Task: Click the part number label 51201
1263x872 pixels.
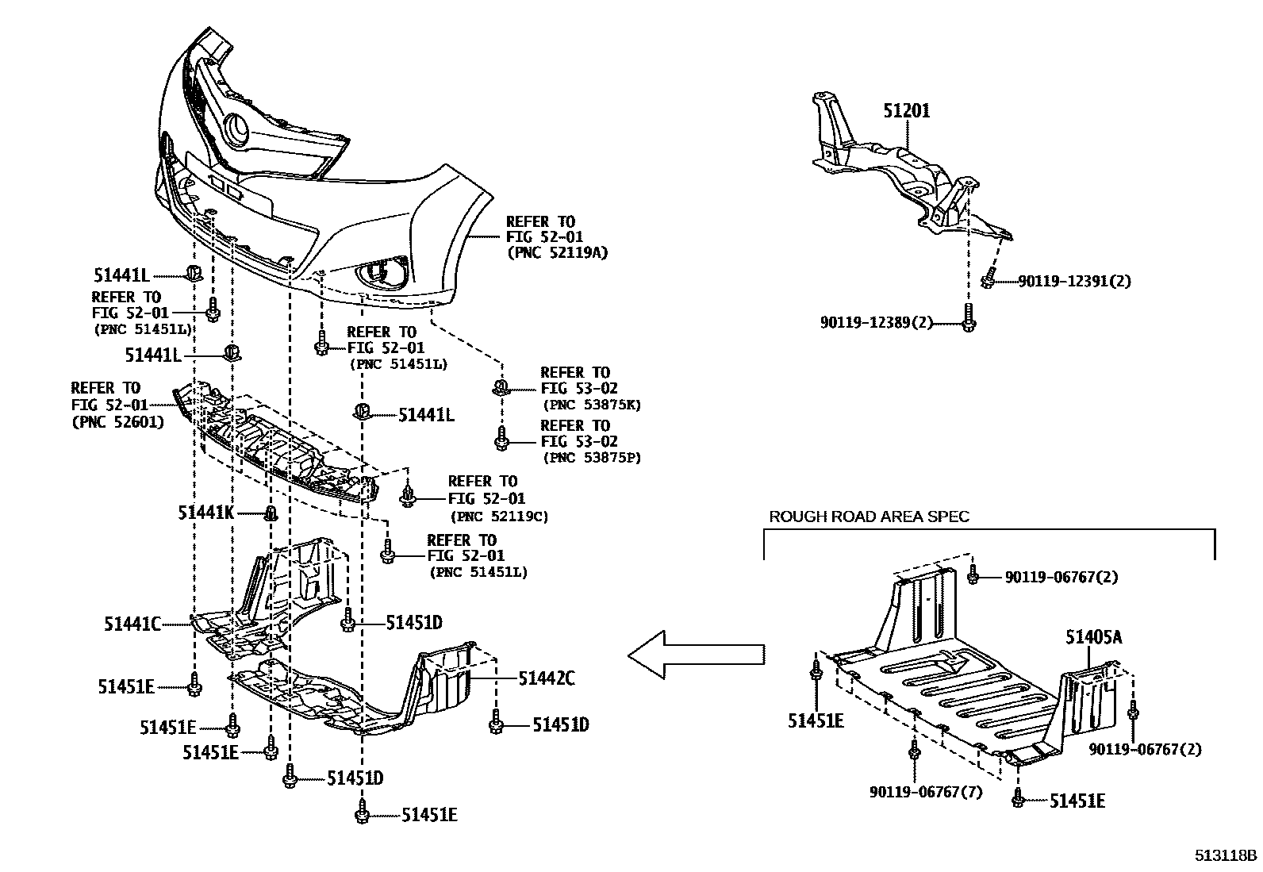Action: [906, 111]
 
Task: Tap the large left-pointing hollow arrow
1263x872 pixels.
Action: [697, 655]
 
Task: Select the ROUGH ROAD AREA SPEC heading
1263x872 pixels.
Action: [869, 517]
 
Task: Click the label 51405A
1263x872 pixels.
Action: [1093, 637]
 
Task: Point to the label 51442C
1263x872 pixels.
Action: [547, 678]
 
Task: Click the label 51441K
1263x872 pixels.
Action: [205, 513]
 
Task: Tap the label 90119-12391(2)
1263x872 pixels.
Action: [1074, 281]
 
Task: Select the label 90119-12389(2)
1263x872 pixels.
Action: [876, 322]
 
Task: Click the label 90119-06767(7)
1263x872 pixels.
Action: [925, 792]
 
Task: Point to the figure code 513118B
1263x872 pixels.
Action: [1227, 855]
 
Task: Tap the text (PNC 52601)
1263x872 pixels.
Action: [117, 422]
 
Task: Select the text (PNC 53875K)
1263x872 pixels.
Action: [590, 405]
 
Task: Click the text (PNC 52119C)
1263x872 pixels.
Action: [499, 516]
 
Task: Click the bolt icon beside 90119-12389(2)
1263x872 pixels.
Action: [968, 318]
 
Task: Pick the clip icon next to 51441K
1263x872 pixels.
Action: [270, 513]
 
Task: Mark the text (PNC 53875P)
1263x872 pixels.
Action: [591, 458]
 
